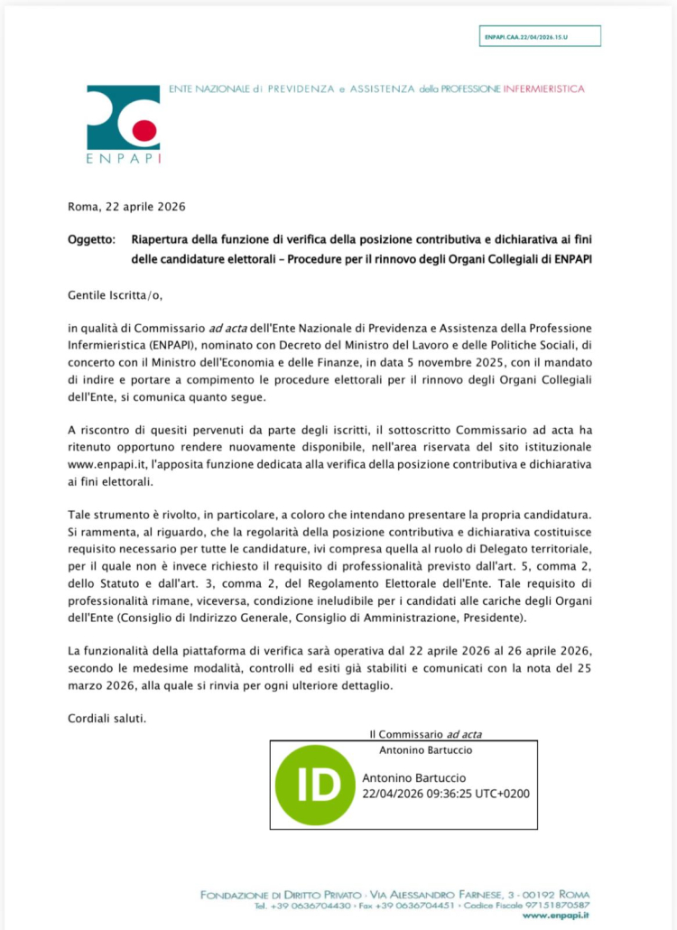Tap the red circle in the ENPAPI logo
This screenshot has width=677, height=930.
tap(144, 130)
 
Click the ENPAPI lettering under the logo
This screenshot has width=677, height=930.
tap(124, 159)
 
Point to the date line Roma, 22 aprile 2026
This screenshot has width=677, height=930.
tap(126, 207)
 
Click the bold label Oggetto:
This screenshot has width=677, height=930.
tap(91, 239)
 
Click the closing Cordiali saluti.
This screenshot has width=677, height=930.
tap(107, 718)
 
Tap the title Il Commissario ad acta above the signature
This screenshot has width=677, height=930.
tap(431, 735)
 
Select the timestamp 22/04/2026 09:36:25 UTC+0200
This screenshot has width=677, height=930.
tap(445, 794)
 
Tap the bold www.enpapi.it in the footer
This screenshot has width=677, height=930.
tap(556, 916)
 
